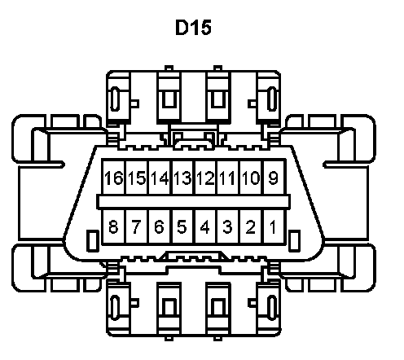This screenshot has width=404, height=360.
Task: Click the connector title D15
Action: pyautogui.click(x=193, y=27)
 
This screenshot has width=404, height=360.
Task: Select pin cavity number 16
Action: pyautogui.click(x=113, y=178)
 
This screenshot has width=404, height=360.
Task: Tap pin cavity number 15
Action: pyautogui.click(x=137, y=178)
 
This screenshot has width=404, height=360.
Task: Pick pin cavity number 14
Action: pyautogui.click(x=160, y=178)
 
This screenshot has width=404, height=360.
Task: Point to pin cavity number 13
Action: pyautogui.click(x=183, y=178)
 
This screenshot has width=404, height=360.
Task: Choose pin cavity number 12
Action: pyautogui.click(x=206, y=178)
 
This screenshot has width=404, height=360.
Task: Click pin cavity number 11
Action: pyautogui.click(x=228, y=178)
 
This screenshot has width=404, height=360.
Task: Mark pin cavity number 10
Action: pyautogui.click(x=251, y=178)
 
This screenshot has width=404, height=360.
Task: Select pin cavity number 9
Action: pyautogui.click(x=274, y=178)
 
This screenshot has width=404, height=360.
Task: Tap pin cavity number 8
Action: pyautogui.click(x=113, y=226)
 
